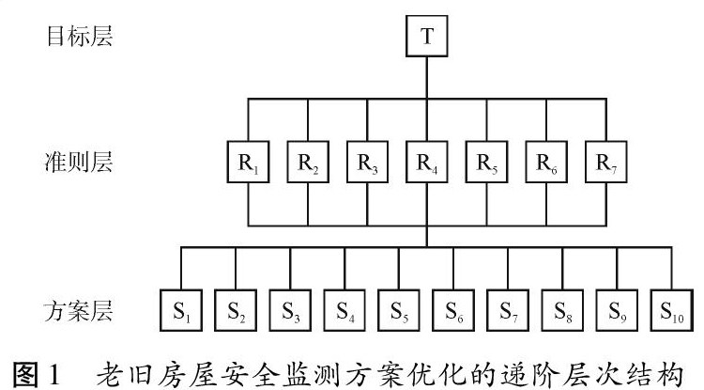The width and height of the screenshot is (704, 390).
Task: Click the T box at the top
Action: tap(427, 38)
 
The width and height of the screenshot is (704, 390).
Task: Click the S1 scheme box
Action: tap(181, 309)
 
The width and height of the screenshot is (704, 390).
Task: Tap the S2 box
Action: tap(236, 309)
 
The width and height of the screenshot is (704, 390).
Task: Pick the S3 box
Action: tap(290, 309)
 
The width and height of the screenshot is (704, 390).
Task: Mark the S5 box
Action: tap(400, 309)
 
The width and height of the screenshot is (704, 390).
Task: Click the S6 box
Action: tap(454, 309)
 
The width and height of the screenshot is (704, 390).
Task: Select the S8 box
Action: tap(563, 309)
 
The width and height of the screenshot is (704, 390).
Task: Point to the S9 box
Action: tap(618, 309)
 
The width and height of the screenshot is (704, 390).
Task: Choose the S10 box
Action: tap(671, 309)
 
